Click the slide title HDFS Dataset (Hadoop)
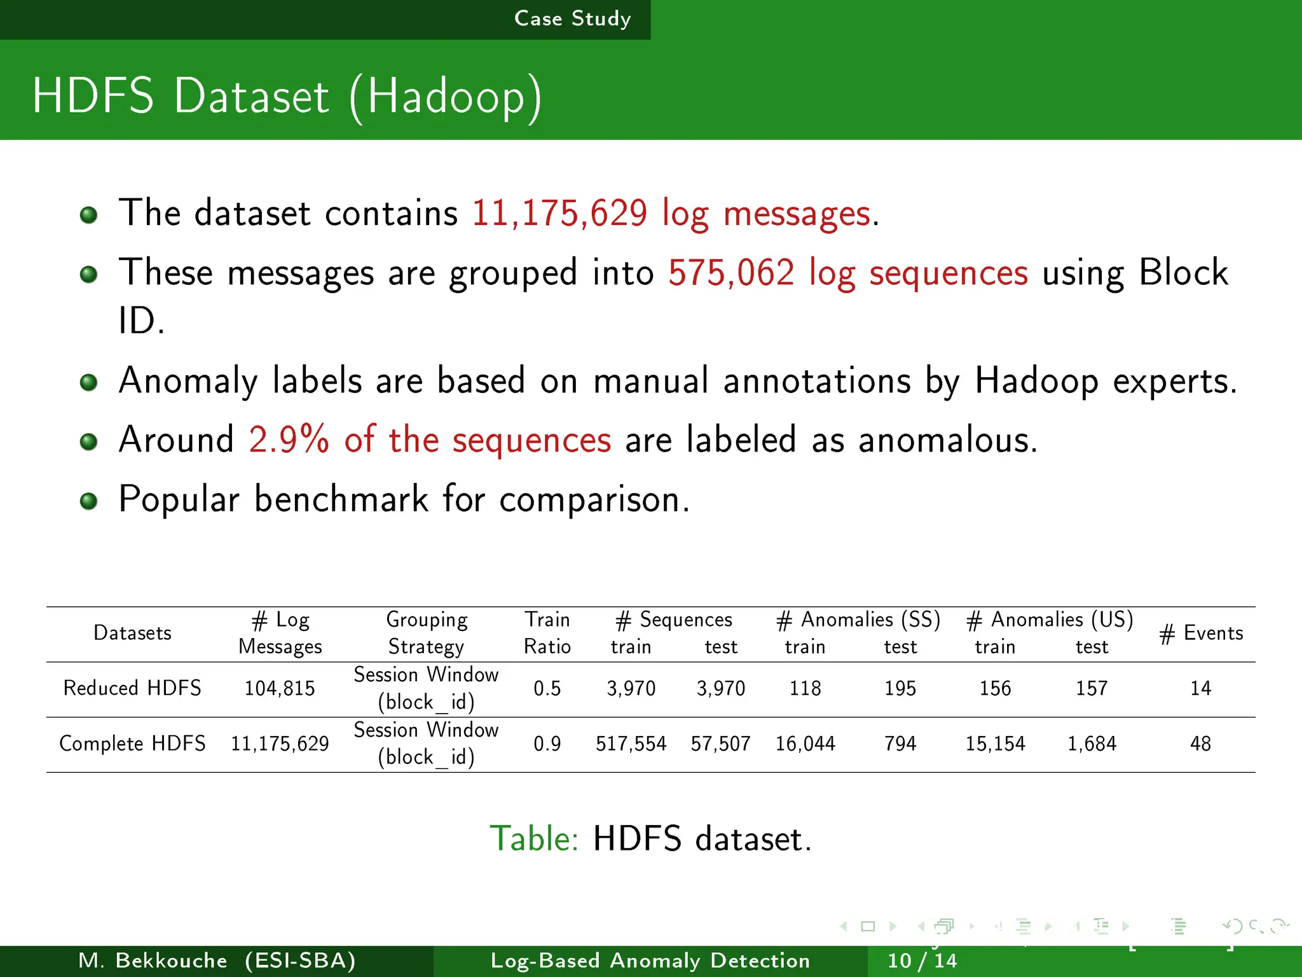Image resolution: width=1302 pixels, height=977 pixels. (x=286, y=97)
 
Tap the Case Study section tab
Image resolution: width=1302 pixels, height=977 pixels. (x=572, y=18)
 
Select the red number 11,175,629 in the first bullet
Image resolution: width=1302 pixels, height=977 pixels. (x=559, y=213)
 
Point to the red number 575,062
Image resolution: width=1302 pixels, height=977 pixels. (x=731, y=273)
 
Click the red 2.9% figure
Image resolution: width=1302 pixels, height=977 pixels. (x=289, y=440)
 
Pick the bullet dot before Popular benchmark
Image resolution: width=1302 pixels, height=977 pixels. (x=89, y=501)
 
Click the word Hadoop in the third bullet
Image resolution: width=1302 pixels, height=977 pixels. (x=1036, y=381)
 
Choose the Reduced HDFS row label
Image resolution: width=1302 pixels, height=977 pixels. (x=132, y=688)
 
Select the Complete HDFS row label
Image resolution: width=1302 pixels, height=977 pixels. (x=132, y=744)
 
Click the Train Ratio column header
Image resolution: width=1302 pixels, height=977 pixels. (x=547, y=633)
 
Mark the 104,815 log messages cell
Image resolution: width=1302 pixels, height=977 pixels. (x=280, y=688)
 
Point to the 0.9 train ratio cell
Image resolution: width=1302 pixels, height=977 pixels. (x=547, y=744)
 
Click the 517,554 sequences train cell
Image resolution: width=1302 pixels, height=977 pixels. (x=631, y=744)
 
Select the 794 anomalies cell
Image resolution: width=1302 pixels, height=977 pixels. (x=900, y=744)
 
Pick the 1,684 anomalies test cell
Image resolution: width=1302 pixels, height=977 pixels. (x=1092, y=744)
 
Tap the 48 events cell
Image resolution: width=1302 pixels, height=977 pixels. (x=1200, y=744)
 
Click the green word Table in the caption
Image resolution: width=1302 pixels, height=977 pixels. (x=533, y=839)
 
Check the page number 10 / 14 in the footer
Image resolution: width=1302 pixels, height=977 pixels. (x=922, y=960)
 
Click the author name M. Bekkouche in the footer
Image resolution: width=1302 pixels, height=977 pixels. (x=153, y=960)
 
